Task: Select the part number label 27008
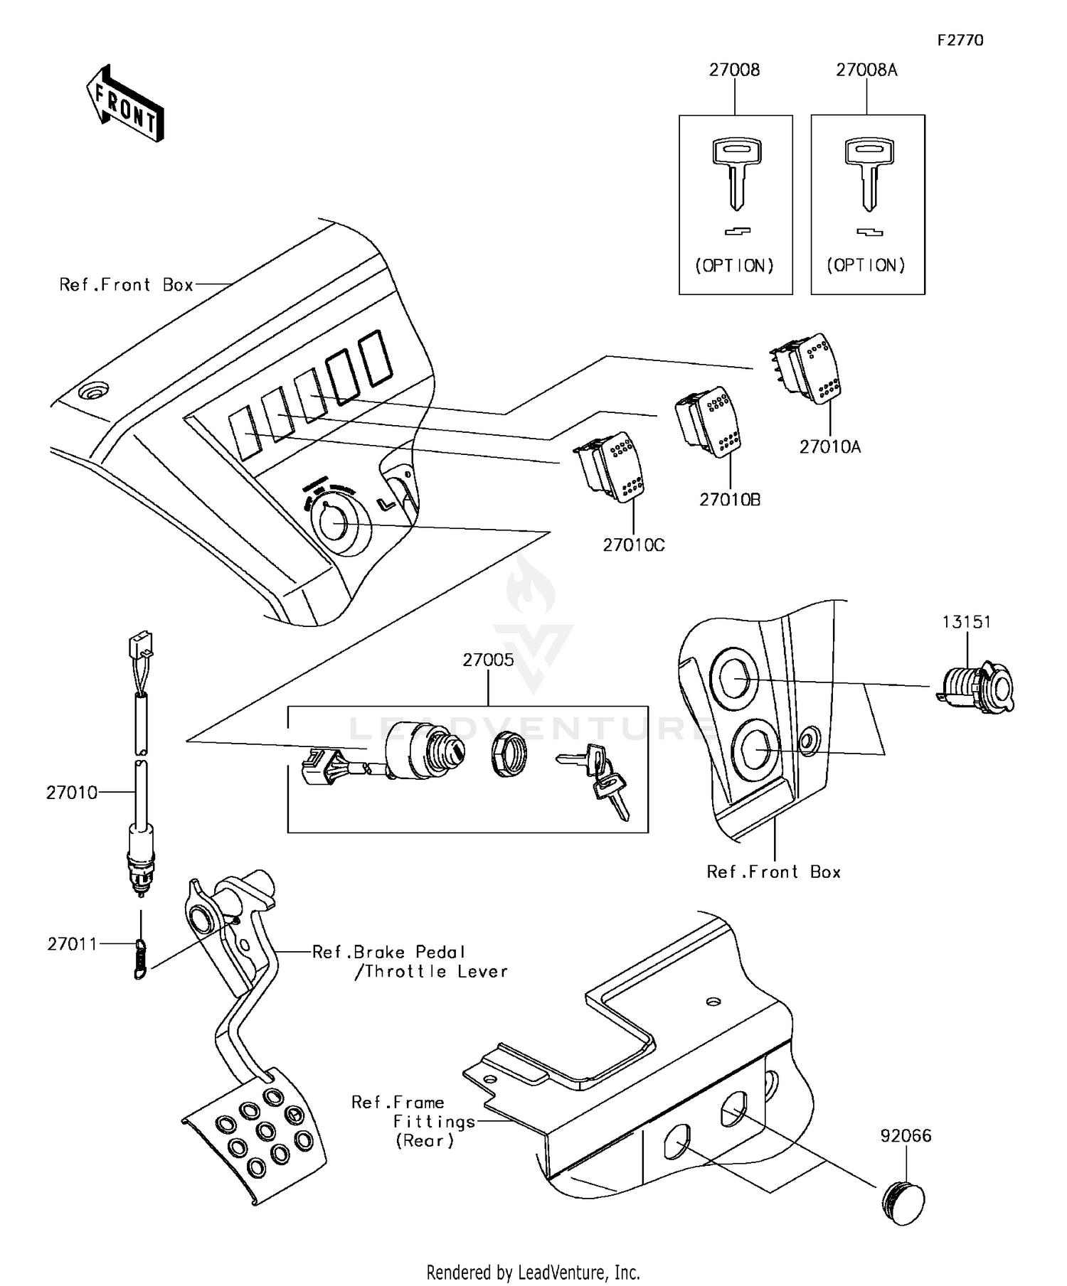[x=734, y=70]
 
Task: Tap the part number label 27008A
[x=866, y=70]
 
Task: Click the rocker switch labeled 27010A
[x=807, y=370]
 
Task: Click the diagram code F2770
[x=960, y=41]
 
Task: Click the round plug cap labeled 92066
[x=903, y=1203]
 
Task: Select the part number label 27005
[x=488, y=660]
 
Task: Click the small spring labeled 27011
[x=141, y=959]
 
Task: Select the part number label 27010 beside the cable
[x=72, y=793]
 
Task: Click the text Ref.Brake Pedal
[x=388, y=952]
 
